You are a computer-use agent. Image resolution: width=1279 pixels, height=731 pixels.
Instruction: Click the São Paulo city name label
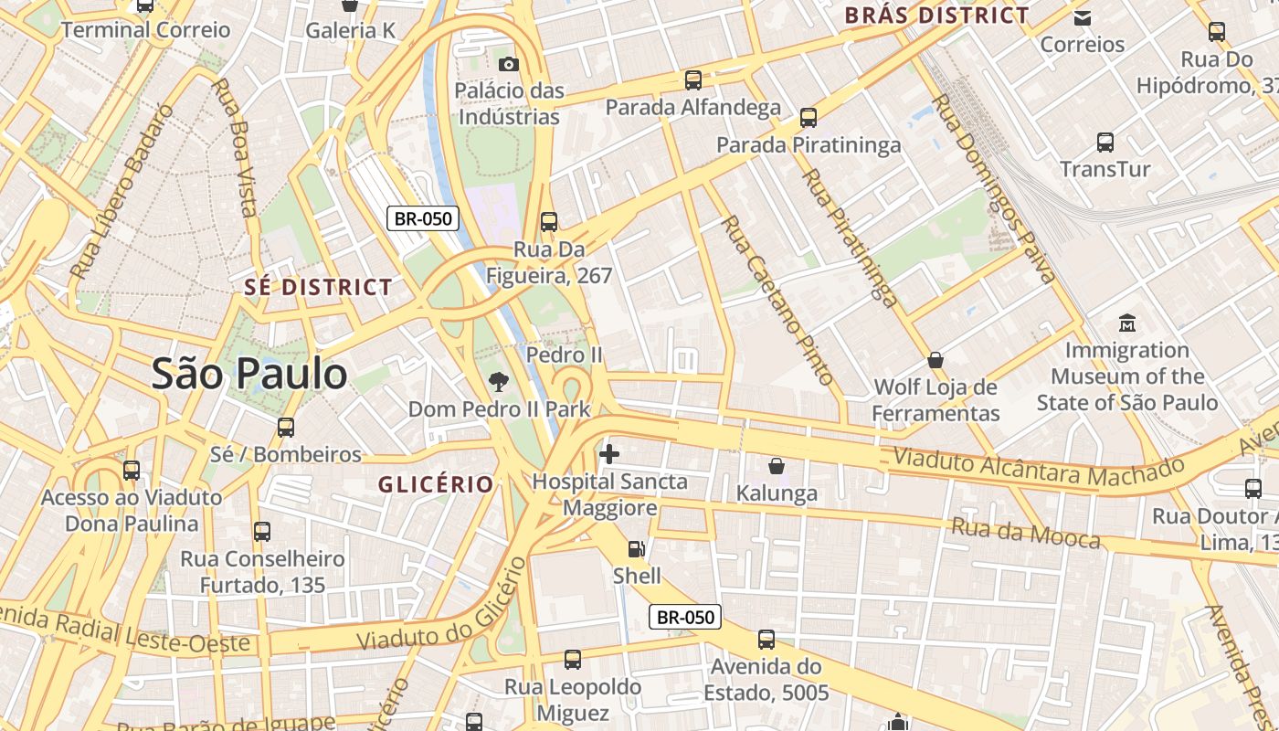[249, 374]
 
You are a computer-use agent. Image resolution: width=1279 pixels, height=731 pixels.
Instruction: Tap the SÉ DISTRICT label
[318, 287]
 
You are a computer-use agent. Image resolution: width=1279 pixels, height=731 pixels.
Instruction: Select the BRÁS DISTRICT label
[936, 16]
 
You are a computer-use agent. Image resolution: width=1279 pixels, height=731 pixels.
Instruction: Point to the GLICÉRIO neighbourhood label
[436, 484]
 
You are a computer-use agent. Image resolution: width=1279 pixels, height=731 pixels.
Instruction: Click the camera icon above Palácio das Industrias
[509, 63]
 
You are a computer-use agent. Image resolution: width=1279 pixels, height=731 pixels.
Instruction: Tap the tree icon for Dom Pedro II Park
[498, 381]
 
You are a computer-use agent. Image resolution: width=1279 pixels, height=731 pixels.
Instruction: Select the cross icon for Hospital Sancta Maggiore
[609, 453]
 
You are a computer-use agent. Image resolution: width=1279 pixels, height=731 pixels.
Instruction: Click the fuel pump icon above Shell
[637, 548]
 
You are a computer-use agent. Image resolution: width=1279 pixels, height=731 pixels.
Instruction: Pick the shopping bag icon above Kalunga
[777, 466]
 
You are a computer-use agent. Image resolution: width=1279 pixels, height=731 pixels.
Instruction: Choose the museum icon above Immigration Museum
[1127, 323]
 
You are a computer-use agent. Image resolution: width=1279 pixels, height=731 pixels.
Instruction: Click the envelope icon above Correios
[1083, 17]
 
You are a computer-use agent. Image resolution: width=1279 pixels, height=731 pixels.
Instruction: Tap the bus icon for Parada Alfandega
[693, 79]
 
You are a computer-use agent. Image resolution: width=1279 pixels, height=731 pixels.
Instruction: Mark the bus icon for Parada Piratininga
[809, 117]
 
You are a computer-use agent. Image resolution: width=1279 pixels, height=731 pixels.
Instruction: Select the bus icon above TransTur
[1105, 142]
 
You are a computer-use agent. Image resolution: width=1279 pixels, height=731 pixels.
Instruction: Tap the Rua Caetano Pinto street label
[777, 299]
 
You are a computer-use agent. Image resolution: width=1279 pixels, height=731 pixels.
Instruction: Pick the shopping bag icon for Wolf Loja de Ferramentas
[935, 360]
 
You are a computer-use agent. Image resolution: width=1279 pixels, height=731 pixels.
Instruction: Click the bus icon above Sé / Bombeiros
[286, 427]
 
